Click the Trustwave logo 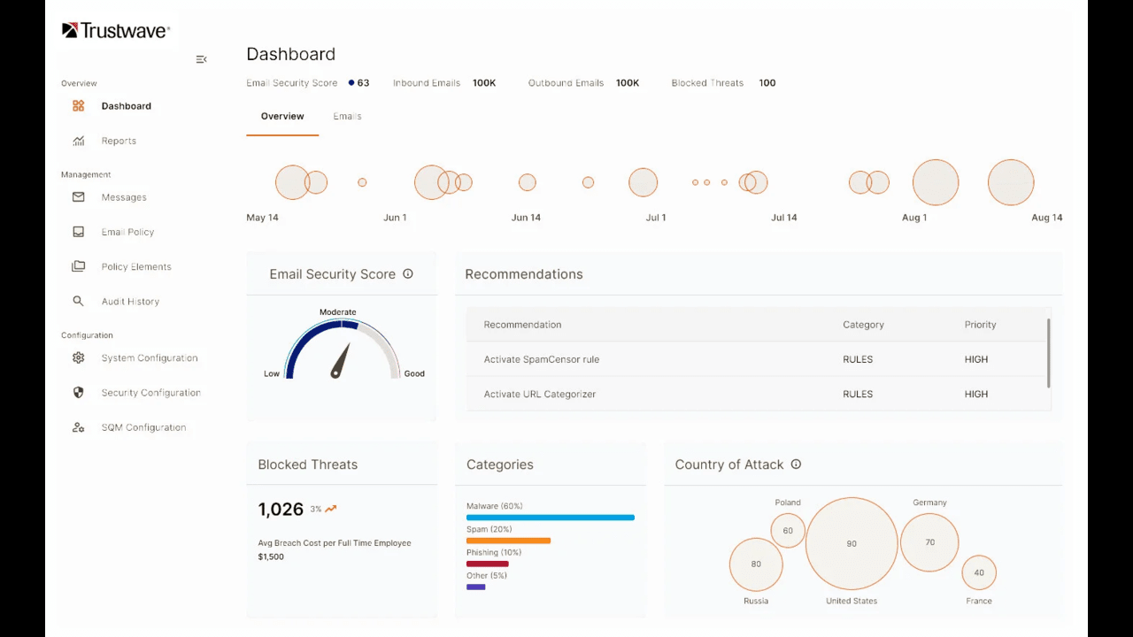point(115,31)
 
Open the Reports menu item point(119,141)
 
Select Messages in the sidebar point(124,197)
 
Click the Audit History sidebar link point(130,302)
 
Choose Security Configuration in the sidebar point(150,393)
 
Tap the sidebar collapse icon point(201,59)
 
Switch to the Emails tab point(347,116)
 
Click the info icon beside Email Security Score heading point(408,274)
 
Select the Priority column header point(980,325)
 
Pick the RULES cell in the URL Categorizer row point(858,394)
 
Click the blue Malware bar point(551,517)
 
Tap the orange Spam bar point(508,541)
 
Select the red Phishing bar point(487,564)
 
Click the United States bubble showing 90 point(852,543)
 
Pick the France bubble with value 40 point(979,572)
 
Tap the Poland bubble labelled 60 point(788,531)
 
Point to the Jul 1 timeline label point(656,218)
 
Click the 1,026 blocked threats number point(281,510)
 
